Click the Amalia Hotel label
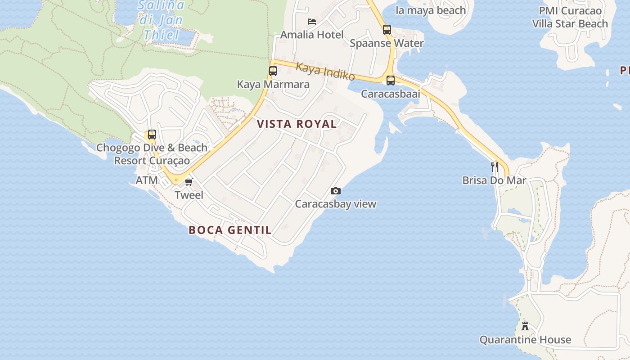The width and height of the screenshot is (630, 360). pyautogui.click(x=312, y=35)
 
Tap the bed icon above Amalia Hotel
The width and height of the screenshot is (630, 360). pyautogui.click(x=311, y=21)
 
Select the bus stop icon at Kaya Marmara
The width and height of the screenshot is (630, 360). pyautogui.click(x=273, y=71)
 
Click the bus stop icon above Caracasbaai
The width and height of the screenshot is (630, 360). pyautogui.click(x=391, y=81)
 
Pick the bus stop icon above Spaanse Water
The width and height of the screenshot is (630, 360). pyautogui.click(x=387, y=30)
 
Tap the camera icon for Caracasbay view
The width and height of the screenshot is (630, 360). pyautogui.click(x=335, y=191)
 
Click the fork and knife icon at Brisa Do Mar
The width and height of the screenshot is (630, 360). pyautogui.click(x=495, y=167)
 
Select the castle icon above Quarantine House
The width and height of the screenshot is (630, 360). pyautogui.click(x=525, y=326)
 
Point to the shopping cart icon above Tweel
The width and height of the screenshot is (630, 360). pyautogui.click(x=189, y=182)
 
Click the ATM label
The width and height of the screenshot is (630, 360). pyautogui.click(x=147, y=180)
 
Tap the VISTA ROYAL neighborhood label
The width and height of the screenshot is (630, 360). pyautogui.click(x=297, y=124)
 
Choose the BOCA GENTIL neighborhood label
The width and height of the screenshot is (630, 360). pyautogui.click(x=230, y=230)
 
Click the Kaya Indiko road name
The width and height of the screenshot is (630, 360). pyautogui.click(x=325, y=72)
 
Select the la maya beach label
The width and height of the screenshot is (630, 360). pyautogui.click(x=431, y=10)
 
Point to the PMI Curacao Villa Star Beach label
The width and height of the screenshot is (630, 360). pyautogui.click(x=570, y=17)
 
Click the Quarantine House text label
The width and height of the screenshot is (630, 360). pyautogui.click(x=525, y=340)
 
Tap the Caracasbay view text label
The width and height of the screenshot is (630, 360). pyautogui.click(x=335, y=204)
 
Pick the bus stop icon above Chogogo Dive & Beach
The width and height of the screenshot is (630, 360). pyautogui.click(x=152, y=134)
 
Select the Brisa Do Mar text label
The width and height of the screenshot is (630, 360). pyautogui.click(x=494, y=180)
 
